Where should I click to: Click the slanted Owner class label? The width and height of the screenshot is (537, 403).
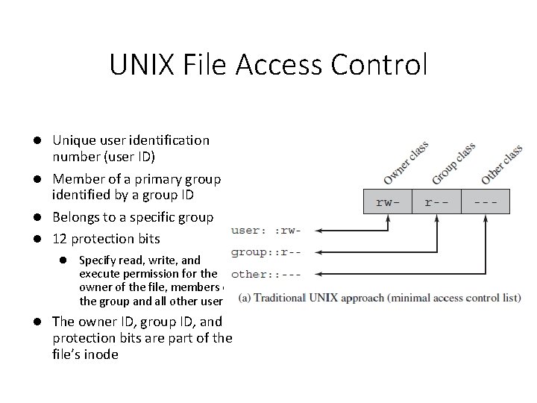click(405, 163)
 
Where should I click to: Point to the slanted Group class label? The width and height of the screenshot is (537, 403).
click(453, 163)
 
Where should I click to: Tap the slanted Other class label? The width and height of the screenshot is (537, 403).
click(501, 164)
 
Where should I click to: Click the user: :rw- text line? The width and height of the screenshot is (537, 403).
click(268, 231)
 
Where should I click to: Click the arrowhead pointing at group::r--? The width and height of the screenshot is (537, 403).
click(310, 252)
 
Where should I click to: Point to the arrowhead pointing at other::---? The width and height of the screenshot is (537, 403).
click(310, 273)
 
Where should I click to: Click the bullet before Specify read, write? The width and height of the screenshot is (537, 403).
click(64, 260)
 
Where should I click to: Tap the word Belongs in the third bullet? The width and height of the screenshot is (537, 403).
click(76, 218)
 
